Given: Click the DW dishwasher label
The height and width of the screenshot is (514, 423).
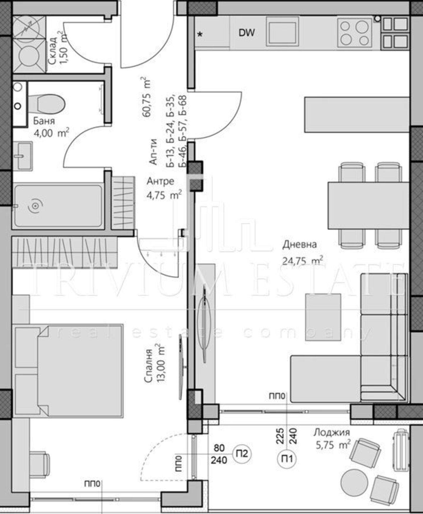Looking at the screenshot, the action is [246, 33].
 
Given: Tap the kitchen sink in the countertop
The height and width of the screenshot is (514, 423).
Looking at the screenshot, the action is [282, 31].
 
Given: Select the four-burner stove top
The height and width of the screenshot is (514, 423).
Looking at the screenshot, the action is [354, 33].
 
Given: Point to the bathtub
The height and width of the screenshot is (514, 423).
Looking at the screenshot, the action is [58, 206].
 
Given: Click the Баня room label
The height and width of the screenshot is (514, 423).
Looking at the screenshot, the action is [44, 121].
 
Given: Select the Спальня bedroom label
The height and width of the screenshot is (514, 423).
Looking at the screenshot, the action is [149, 366].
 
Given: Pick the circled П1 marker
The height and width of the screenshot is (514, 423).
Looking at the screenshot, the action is [287, 458].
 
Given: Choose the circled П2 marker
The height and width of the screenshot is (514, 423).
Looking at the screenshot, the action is [242, 454].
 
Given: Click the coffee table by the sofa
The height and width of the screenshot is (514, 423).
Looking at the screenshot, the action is [323, 317].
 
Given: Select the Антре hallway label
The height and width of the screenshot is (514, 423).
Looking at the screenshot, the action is [160, 181].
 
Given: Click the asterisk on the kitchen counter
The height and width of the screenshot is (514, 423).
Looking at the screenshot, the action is [200, 34].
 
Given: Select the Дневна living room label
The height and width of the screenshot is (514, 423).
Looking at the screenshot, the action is [299, 244].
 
